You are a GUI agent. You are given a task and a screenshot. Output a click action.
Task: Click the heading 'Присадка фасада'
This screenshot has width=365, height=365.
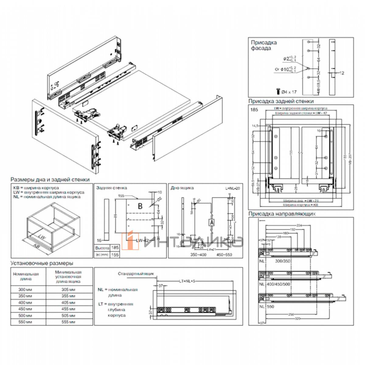click(263, 45)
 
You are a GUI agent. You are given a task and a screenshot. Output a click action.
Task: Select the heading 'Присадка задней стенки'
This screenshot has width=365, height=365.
click(281, 101)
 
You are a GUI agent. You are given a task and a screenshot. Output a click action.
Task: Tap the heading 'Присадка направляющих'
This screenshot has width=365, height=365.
click(282, 214)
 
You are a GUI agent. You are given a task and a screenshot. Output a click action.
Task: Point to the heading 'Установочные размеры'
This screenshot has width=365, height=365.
click(42, 263)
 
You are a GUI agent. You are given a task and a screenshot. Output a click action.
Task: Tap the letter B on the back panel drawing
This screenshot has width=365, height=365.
click(140, 206)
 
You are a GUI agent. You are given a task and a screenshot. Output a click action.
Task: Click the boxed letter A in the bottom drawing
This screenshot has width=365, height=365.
click(212, 222)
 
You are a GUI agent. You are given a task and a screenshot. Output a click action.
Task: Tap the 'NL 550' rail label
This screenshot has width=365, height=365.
click(267, 307)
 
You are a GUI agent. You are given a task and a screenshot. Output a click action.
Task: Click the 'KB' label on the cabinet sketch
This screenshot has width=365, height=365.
click(36, 245)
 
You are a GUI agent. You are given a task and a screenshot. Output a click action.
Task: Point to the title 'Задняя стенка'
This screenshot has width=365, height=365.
click(111, 188)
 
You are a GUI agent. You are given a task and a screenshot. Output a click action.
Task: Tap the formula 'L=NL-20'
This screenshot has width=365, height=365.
click(232, 189)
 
